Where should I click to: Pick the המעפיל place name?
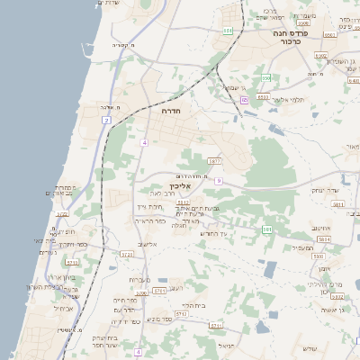pos(304,247)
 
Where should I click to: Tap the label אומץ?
pos(324,268)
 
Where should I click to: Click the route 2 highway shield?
pos(106,120)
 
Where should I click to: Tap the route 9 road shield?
pos(218,181)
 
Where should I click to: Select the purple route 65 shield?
pos(244,100)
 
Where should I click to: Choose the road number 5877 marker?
pos(213,161)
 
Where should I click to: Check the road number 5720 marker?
pos(62,214)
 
